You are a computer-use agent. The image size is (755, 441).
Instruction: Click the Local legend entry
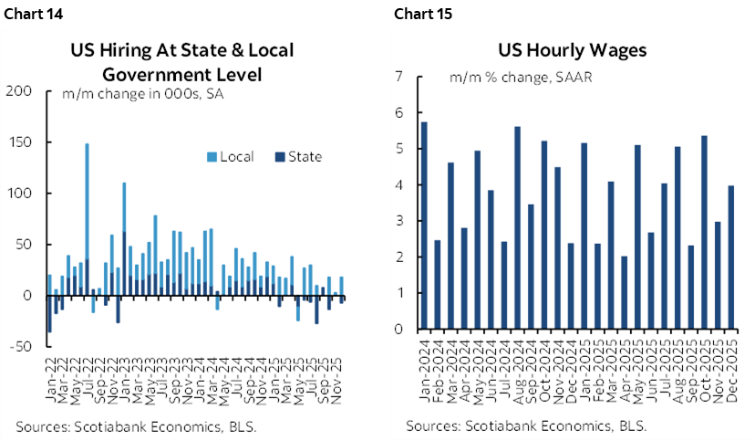click(228, 157)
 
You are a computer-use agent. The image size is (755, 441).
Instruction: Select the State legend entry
click(297, 157)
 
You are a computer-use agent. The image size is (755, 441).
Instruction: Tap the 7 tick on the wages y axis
click(398, 78)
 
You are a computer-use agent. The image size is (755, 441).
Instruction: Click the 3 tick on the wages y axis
click(398, 221)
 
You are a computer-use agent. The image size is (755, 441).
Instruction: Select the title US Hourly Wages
click(572, 50)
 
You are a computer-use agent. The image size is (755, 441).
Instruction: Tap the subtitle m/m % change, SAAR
click(521, 78)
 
